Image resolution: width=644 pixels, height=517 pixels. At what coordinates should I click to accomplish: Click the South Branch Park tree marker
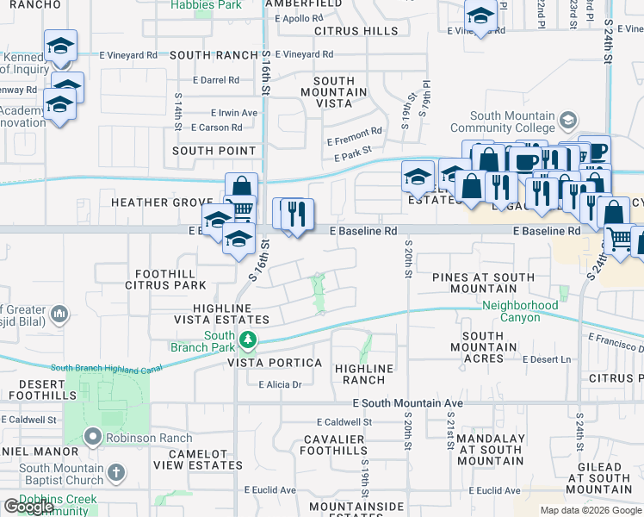pyautogui.click(x=248, y=341)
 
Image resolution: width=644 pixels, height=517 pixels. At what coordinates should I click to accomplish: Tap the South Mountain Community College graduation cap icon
pyautogui.click(x=568, y=119)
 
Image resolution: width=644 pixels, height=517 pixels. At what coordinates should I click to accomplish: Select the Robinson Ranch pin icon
pyautogui.click(x=94, y=437)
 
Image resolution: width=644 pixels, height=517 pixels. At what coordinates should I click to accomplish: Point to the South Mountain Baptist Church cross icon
pyautogui.click(x=116, y=473)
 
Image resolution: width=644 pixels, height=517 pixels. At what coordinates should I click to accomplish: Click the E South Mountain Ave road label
pyautogui.click(x=408, y=403)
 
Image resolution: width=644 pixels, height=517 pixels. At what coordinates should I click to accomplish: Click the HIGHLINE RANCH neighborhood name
pyautogui.click(x=364, y=374)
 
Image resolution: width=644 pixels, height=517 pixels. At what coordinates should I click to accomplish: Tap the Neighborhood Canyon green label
pyautogui.click(x=520, y=311)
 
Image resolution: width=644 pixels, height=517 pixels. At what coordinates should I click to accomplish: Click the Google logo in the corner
pyautogui.click(x=28, y=507)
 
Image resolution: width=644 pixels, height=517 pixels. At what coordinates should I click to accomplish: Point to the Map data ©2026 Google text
pyautogui.click(x=590, y=510)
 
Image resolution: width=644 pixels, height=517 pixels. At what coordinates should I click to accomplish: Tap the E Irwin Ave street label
pyautogui.click(x=234, y=113)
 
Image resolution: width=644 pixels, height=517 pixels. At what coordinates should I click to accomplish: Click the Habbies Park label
pyautogui.click(x=193, y=5)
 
